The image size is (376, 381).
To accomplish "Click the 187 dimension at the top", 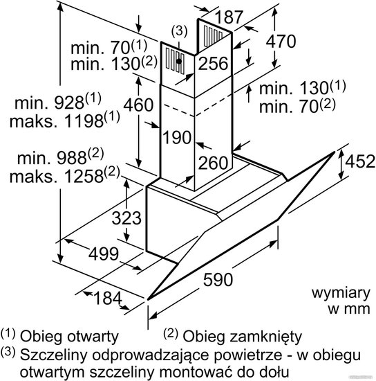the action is point(229,17).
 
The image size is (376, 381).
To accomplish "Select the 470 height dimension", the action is point(281,41).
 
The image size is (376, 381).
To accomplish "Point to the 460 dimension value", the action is point(138,105).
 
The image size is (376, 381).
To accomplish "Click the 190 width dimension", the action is point(177,137).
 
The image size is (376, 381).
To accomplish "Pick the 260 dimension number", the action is point(214,163).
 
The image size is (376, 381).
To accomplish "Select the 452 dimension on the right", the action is point(360,161).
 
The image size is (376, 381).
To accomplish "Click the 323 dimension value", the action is point(126,218).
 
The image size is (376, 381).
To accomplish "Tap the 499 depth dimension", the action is point(104,254).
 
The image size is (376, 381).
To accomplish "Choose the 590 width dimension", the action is point(218,280).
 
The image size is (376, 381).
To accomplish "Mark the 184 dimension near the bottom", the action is point(107,298).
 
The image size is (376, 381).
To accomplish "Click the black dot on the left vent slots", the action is point(178,61).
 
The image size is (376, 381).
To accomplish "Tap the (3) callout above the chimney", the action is point(179,31).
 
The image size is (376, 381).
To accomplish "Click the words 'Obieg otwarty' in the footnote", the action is point(69,337).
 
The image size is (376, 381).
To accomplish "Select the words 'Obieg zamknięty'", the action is point(242,337).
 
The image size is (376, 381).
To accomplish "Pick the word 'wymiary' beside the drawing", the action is point(341,294).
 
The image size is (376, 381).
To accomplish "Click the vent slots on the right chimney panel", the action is point(213,36).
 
